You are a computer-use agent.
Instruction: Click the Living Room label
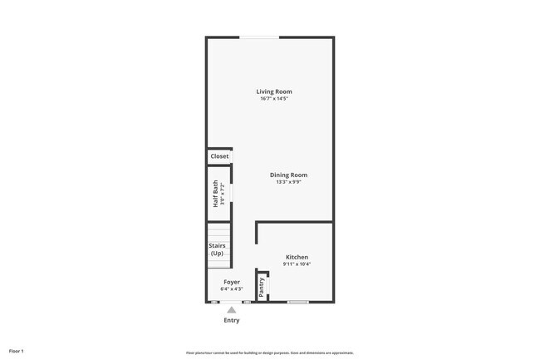[x=273, y=91]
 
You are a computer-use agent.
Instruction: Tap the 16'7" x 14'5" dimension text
[x=273, y=99]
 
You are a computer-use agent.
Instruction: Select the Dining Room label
[x=288, y=175]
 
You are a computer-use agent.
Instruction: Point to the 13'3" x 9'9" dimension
[x=288, y=182]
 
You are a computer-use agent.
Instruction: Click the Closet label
[x=219, y=156]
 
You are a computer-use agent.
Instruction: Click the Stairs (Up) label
[x=217, y=249]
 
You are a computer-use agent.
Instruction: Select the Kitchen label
[x=297, y=258]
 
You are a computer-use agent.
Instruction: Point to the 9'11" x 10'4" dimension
[x=297, y=265]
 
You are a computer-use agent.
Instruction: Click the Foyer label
[x=232, y=282]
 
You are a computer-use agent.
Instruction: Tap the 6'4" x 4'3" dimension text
[x=232, y=289]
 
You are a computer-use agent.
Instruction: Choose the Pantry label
[x=262, y=287]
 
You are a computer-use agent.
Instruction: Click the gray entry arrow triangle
[x=232, y=310]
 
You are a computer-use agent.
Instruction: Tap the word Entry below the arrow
[x=232, y=320]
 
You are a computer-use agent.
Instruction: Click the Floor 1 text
[x=17, y=351]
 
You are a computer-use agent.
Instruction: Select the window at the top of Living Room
[x=259, y=37]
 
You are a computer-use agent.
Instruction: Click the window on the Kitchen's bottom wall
[x=298, y=302]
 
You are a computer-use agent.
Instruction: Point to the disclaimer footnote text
[x=270, y=353]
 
